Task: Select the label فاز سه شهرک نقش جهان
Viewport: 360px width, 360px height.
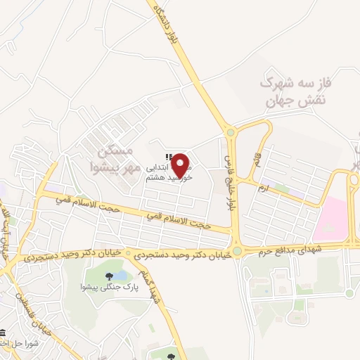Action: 296,92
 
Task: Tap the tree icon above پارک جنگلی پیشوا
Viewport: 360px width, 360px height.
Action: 109,276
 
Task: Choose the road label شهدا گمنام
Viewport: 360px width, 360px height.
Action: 153,288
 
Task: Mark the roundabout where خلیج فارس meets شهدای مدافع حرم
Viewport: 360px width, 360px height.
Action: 238,251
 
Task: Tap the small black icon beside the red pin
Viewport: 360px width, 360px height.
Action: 167,157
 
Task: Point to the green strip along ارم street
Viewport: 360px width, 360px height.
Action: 281,188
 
